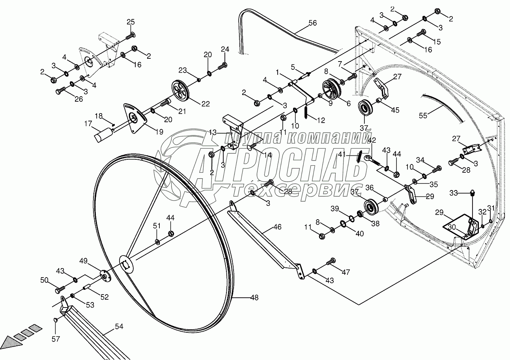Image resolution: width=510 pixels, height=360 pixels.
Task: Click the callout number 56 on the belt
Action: coord(312,23)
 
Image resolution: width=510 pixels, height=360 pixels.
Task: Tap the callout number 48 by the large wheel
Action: coord(254,298)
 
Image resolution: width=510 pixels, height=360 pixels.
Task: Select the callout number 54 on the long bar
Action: coord(119,327)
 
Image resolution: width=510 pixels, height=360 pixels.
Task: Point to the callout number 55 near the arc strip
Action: coord(423,116)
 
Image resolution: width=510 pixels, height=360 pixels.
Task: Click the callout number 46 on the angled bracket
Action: coord(277,227)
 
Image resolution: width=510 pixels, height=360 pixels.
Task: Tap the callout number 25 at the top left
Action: coord(131,21)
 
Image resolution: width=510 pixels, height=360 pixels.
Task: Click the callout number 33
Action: coord(454,193)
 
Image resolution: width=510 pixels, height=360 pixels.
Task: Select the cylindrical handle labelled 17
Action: coord(103,136)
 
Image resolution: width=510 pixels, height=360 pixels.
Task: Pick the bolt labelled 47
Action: coord(331,261)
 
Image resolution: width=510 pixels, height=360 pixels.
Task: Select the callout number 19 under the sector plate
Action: coord(159,132)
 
